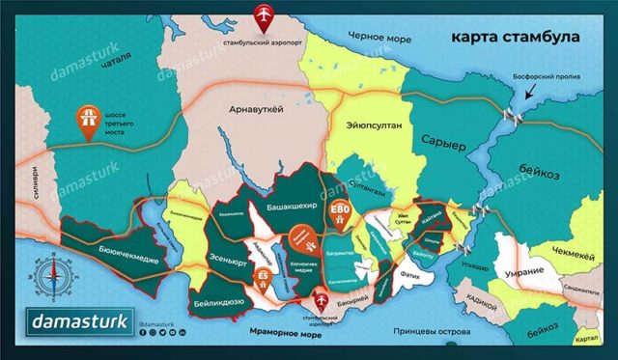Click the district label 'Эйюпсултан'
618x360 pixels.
click(366, 125)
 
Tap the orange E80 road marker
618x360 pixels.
click(339, 213)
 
